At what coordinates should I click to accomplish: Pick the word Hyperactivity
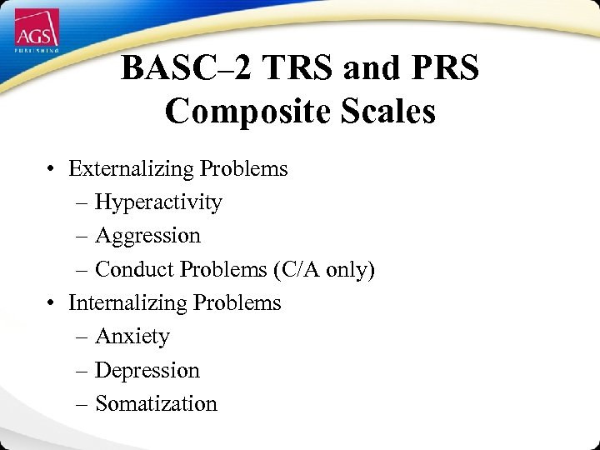[x=158, y=202]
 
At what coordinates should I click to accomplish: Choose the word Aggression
[x=147, y=236]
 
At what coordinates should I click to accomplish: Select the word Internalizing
[x=127, y=302]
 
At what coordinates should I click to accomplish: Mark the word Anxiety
[x=132, y=337]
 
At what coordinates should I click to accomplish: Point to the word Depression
[x=147, y=370]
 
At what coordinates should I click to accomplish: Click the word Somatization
[x=156, y=403]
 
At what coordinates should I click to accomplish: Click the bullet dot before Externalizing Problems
[x=52, y=170]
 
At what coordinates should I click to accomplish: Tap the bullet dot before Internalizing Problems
[x=52, y=303]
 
